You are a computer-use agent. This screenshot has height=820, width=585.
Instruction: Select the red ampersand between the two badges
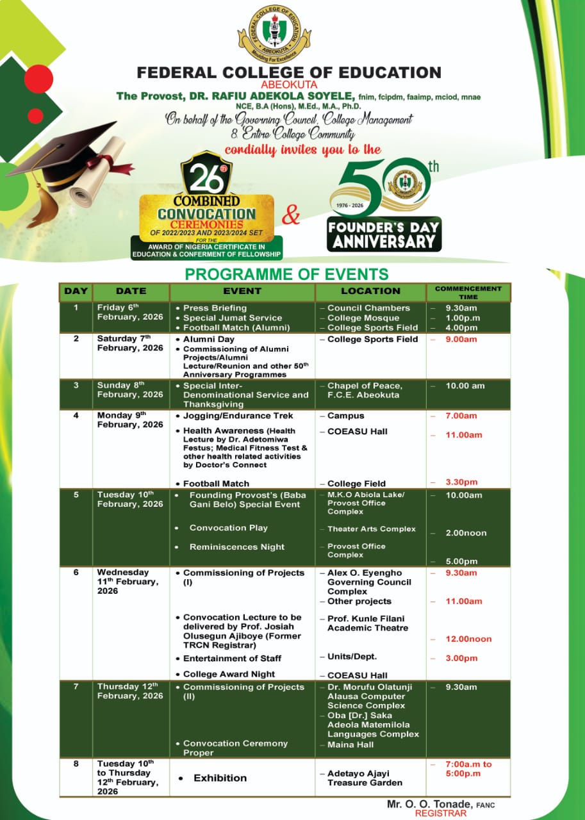click(x=291, y=216)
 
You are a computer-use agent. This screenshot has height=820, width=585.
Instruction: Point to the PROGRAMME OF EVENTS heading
click(x=286, y=275)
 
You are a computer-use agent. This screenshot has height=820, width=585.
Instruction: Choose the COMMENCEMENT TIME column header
click(x=468, y=292)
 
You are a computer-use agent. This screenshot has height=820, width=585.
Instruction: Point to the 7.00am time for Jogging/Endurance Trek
click(x=461, y=416)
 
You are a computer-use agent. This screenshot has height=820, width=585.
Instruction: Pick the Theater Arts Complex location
click(x=372, y=529)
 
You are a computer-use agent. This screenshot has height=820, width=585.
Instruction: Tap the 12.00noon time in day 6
click(x=470, y=639)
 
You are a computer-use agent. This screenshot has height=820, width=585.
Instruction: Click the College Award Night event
click(x=229, y=674)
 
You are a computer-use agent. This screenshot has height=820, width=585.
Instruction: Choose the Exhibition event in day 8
click(x=220, y=778)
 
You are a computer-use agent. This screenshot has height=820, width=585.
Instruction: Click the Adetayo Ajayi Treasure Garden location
click(x=365, y=778)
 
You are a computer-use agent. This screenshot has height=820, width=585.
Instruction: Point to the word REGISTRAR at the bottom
click(x=441, y=813)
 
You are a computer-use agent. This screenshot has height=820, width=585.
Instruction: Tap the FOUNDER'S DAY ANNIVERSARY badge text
click(x=383, y=234)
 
